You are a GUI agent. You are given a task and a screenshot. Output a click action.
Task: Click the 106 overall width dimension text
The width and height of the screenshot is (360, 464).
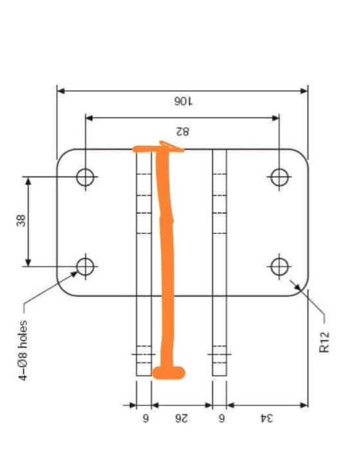182,101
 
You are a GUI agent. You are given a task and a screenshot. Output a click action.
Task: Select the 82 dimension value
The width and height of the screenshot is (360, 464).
182,130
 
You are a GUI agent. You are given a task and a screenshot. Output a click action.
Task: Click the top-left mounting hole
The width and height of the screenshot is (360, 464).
85,177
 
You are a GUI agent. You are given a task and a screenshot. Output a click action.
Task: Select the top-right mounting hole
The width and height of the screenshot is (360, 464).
279,177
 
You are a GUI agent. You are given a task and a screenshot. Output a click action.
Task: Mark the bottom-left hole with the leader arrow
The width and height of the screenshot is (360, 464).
85,266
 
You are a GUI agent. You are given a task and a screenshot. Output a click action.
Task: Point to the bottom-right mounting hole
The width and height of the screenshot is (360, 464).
279,266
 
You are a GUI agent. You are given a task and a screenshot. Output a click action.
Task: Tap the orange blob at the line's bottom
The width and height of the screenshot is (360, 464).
168,373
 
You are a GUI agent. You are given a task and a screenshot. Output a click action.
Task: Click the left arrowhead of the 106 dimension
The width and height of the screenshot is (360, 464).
60,90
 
